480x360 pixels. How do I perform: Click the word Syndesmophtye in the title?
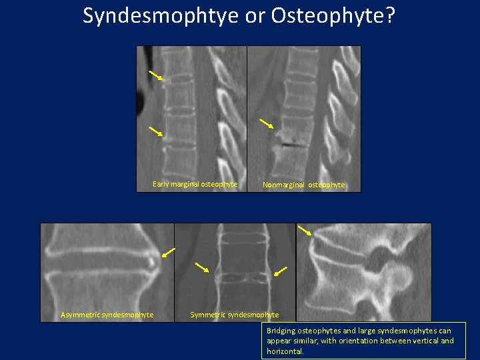161,15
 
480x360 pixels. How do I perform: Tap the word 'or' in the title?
255,15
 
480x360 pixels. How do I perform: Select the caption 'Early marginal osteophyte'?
195,184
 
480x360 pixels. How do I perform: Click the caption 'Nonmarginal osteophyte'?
303,185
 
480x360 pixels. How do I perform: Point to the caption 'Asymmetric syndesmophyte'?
107,315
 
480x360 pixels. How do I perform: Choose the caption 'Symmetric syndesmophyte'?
235,315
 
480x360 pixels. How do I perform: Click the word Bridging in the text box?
281,331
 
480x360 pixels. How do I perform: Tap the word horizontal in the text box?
285,351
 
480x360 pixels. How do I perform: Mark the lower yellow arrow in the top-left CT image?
155,131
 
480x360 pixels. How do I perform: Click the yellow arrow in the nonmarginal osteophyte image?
266,123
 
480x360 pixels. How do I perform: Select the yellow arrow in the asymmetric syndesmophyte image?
168,253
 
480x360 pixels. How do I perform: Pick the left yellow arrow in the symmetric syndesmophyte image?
201,267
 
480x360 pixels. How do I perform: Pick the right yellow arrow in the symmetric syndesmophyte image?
281,271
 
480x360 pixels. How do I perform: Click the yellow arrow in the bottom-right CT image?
304,230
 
